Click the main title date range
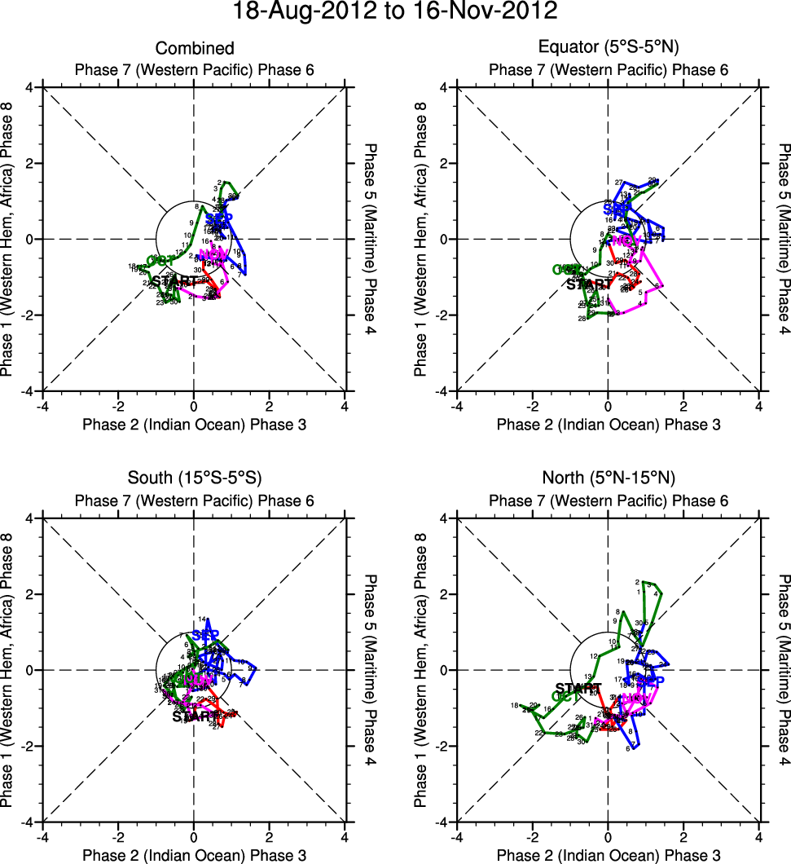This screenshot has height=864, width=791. coord(395,12)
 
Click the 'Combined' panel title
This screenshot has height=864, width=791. coord(194,49)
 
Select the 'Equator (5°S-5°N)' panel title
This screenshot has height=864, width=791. coord(609,49)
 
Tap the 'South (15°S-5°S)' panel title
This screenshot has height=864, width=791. coord(194,478)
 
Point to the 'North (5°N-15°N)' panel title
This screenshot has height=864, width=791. coord(609,478)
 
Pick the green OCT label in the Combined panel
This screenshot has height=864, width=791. coord(161,260)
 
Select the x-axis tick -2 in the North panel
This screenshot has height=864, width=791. coord(532,836)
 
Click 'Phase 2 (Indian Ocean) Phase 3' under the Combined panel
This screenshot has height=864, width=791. coord(194,424)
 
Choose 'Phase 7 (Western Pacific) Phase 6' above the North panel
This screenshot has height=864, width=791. coord(609,500)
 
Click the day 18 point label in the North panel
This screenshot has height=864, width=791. coord(514,706)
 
